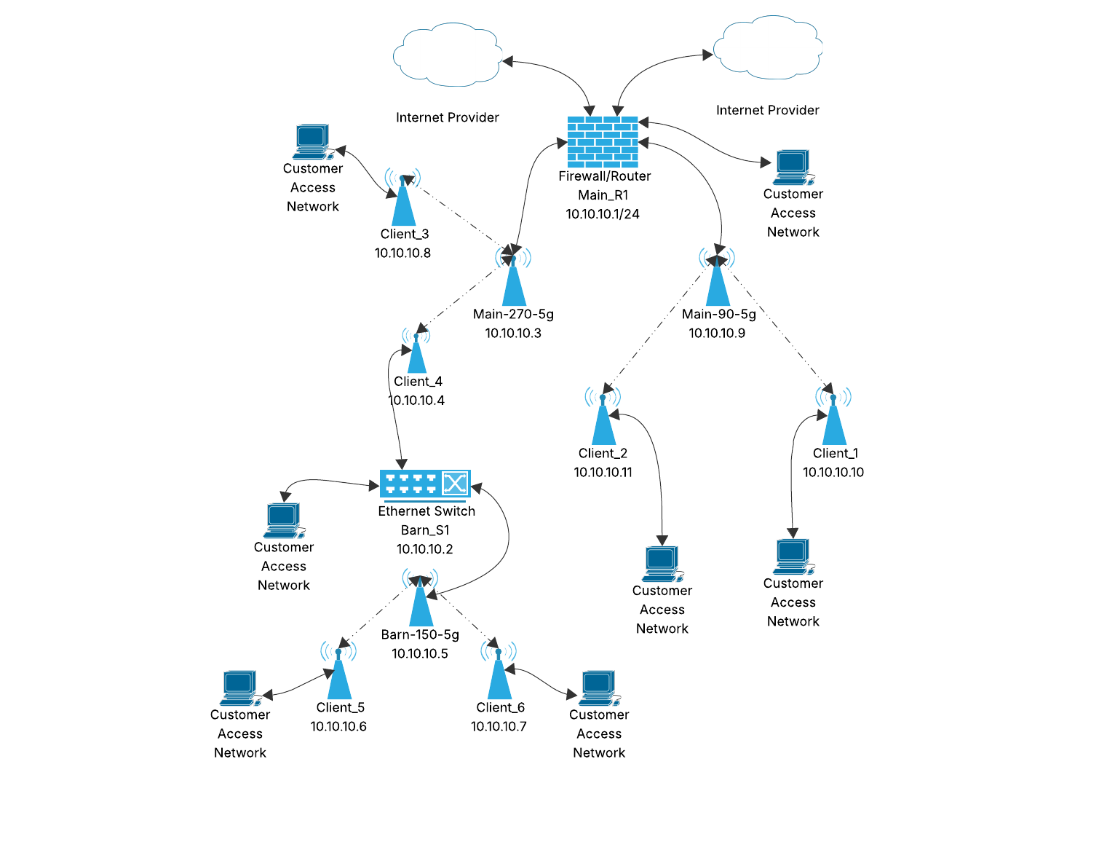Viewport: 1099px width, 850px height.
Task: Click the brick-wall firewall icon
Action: (603, 142)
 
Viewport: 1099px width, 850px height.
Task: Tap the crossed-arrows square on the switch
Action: (455, 484)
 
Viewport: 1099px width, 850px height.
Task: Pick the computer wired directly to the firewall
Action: (792, 167)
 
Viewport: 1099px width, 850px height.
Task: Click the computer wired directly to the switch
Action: (282, 520)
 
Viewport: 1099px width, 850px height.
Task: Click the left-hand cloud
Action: (448, 55)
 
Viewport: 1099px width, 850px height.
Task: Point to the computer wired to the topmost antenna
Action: (312, 141)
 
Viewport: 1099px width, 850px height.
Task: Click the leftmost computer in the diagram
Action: (239, 688)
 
